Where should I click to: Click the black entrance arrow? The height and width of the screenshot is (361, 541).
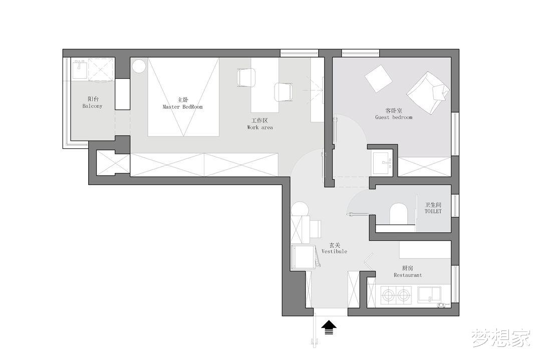click(329, 327)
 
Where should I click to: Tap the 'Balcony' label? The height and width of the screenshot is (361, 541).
click(93, 106)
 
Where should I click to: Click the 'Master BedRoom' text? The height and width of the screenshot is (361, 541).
click(182, 107)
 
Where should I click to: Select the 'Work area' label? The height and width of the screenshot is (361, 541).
click(260, 127)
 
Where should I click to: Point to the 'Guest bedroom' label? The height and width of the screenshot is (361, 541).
click(394, 117)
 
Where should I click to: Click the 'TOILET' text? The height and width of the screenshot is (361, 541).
click(433, 212)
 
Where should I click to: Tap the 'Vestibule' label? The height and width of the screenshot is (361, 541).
click(334, 252)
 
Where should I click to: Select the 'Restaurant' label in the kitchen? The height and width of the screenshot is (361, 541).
click(407, 275)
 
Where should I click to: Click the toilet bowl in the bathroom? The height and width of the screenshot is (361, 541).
click(399, 214)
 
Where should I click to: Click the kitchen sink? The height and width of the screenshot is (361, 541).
click(429, 295)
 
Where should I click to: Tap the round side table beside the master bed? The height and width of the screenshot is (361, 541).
click(139, 66)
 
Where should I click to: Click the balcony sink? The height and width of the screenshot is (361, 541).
click(80, 69)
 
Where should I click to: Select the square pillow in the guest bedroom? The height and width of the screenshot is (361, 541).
click(379, 79)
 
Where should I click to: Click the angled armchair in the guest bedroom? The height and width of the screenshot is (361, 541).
click(428, 93)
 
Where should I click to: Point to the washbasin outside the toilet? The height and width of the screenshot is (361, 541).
click(383, 161)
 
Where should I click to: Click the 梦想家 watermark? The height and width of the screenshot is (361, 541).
click(500, 337)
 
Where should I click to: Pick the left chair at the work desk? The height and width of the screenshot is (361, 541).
click(246, 77)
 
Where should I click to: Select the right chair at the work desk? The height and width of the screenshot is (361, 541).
click(283, 92)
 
